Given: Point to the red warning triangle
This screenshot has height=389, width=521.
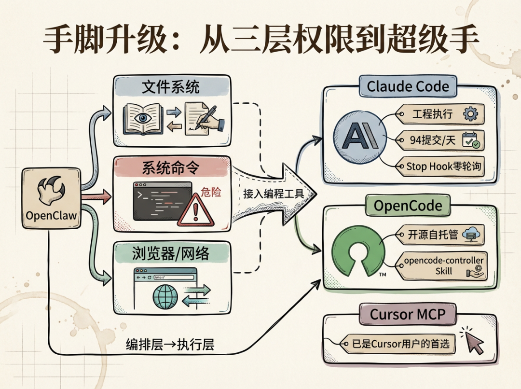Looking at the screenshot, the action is click(x=195, y=211).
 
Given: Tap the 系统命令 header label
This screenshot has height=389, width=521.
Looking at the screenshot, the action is click(x=171, y=169).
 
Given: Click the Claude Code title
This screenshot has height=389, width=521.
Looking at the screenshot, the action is click(x=408, y=87).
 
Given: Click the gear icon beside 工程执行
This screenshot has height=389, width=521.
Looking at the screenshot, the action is click(x=469, y=114).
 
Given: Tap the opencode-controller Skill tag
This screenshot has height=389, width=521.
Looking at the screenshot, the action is click(x=443, y=266).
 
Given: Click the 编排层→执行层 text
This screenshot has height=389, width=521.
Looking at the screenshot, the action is click(x=170, y=345).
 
